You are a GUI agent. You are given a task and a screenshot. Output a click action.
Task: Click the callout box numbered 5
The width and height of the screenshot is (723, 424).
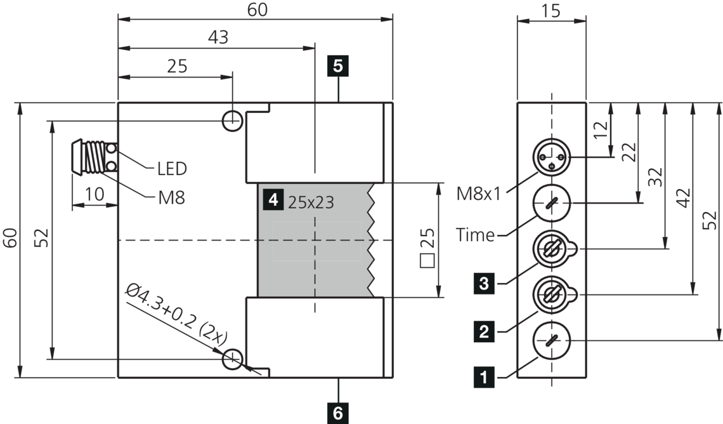tap(338, 65)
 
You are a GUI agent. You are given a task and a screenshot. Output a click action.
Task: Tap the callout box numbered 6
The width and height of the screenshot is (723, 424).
tap(338, 414)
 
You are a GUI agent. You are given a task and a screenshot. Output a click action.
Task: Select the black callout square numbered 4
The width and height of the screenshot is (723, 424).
tap(273, 201)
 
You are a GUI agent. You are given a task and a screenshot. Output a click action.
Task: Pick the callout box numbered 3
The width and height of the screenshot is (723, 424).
tap(485, 283)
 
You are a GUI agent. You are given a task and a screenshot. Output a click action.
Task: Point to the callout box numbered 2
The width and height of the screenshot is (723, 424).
tap(485, 331)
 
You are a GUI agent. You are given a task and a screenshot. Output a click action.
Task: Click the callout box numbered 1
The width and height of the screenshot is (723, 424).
tap(485, 378)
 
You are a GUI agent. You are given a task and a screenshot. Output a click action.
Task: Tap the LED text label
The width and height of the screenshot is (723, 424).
tap(172, 169)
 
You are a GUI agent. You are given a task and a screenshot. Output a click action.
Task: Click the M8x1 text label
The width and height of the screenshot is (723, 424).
tap(479, 193)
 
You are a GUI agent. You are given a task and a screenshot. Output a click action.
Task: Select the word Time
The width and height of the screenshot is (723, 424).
tap(475, 235)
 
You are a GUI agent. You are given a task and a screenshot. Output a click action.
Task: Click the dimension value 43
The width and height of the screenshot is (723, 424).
tap(218, 37)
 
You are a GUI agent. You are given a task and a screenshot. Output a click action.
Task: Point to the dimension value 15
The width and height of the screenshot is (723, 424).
tap(551, 11)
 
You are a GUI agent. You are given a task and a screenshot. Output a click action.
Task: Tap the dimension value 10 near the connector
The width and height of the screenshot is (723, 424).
tap(94, 194)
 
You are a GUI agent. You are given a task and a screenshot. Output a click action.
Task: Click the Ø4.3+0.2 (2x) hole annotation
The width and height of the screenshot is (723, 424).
tap(177, 315)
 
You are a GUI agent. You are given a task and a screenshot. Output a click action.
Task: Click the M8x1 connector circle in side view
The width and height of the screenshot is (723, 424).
tap(552, 157)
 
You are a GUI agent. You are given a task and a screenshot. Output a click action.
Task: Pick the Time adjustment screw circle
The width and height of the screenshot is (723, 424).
tap(552, 203)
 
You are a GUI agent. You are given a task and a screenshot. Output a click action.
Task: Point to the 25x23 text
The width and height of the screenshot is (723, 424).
tap(311, 202)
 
